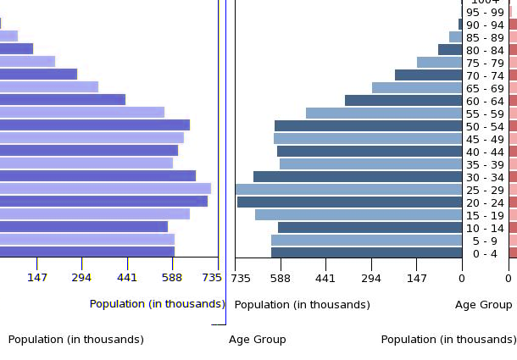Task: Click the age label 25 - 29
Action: pyautogui.click(x=486, y=190)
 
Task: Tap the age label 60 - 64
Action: pyautogui.click(x=486, y=101)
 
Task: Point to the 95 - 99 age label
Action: pyautogui.click(x=486, y=12)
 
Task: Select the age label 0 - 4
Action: pyautogui.click(x=486, y=253)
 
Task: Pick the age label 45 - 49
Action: pyautogui.click(x=486, y=139)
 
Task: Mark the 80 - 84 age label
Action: pyautogui.click(x=486, y=50)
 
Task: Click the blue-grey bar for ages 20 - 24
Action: pyautogui.click(x=349, y=202)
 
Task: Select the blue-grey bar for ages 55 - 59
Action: pyautogui.click(x=384, y=114)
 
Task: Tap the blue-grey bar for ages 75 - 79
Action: pyautogui.click(x=439, y=63)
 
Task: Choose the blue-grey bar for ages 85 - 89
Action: pyautogui.click(x=455, y=37)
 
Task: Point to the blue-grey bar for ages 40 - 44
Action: pyautogui.click(x=370, y=152)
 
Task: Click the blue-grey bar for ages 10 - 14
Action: pyautogui.click(x=370, y=228)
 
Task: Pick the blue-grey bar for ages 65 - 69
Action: pyautogui.click(x=417, y=88)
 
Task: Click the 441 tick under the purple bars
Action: pyautogui.click(x=127, y=278)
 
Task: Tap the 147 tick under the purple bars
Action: pyautogui.click(x=36, y=278)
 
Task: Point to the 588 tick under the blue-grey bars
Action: pyautogui.click(x=281, y=278)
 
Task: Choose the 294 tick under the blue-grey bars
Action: pyautogui.click(x=371, y=278)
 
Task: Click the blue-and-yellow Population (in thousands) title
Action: pyautogui.click(x=157, y=304)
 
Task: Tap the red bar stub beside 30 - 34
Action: pyautogui.click(x=513, y=177)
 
